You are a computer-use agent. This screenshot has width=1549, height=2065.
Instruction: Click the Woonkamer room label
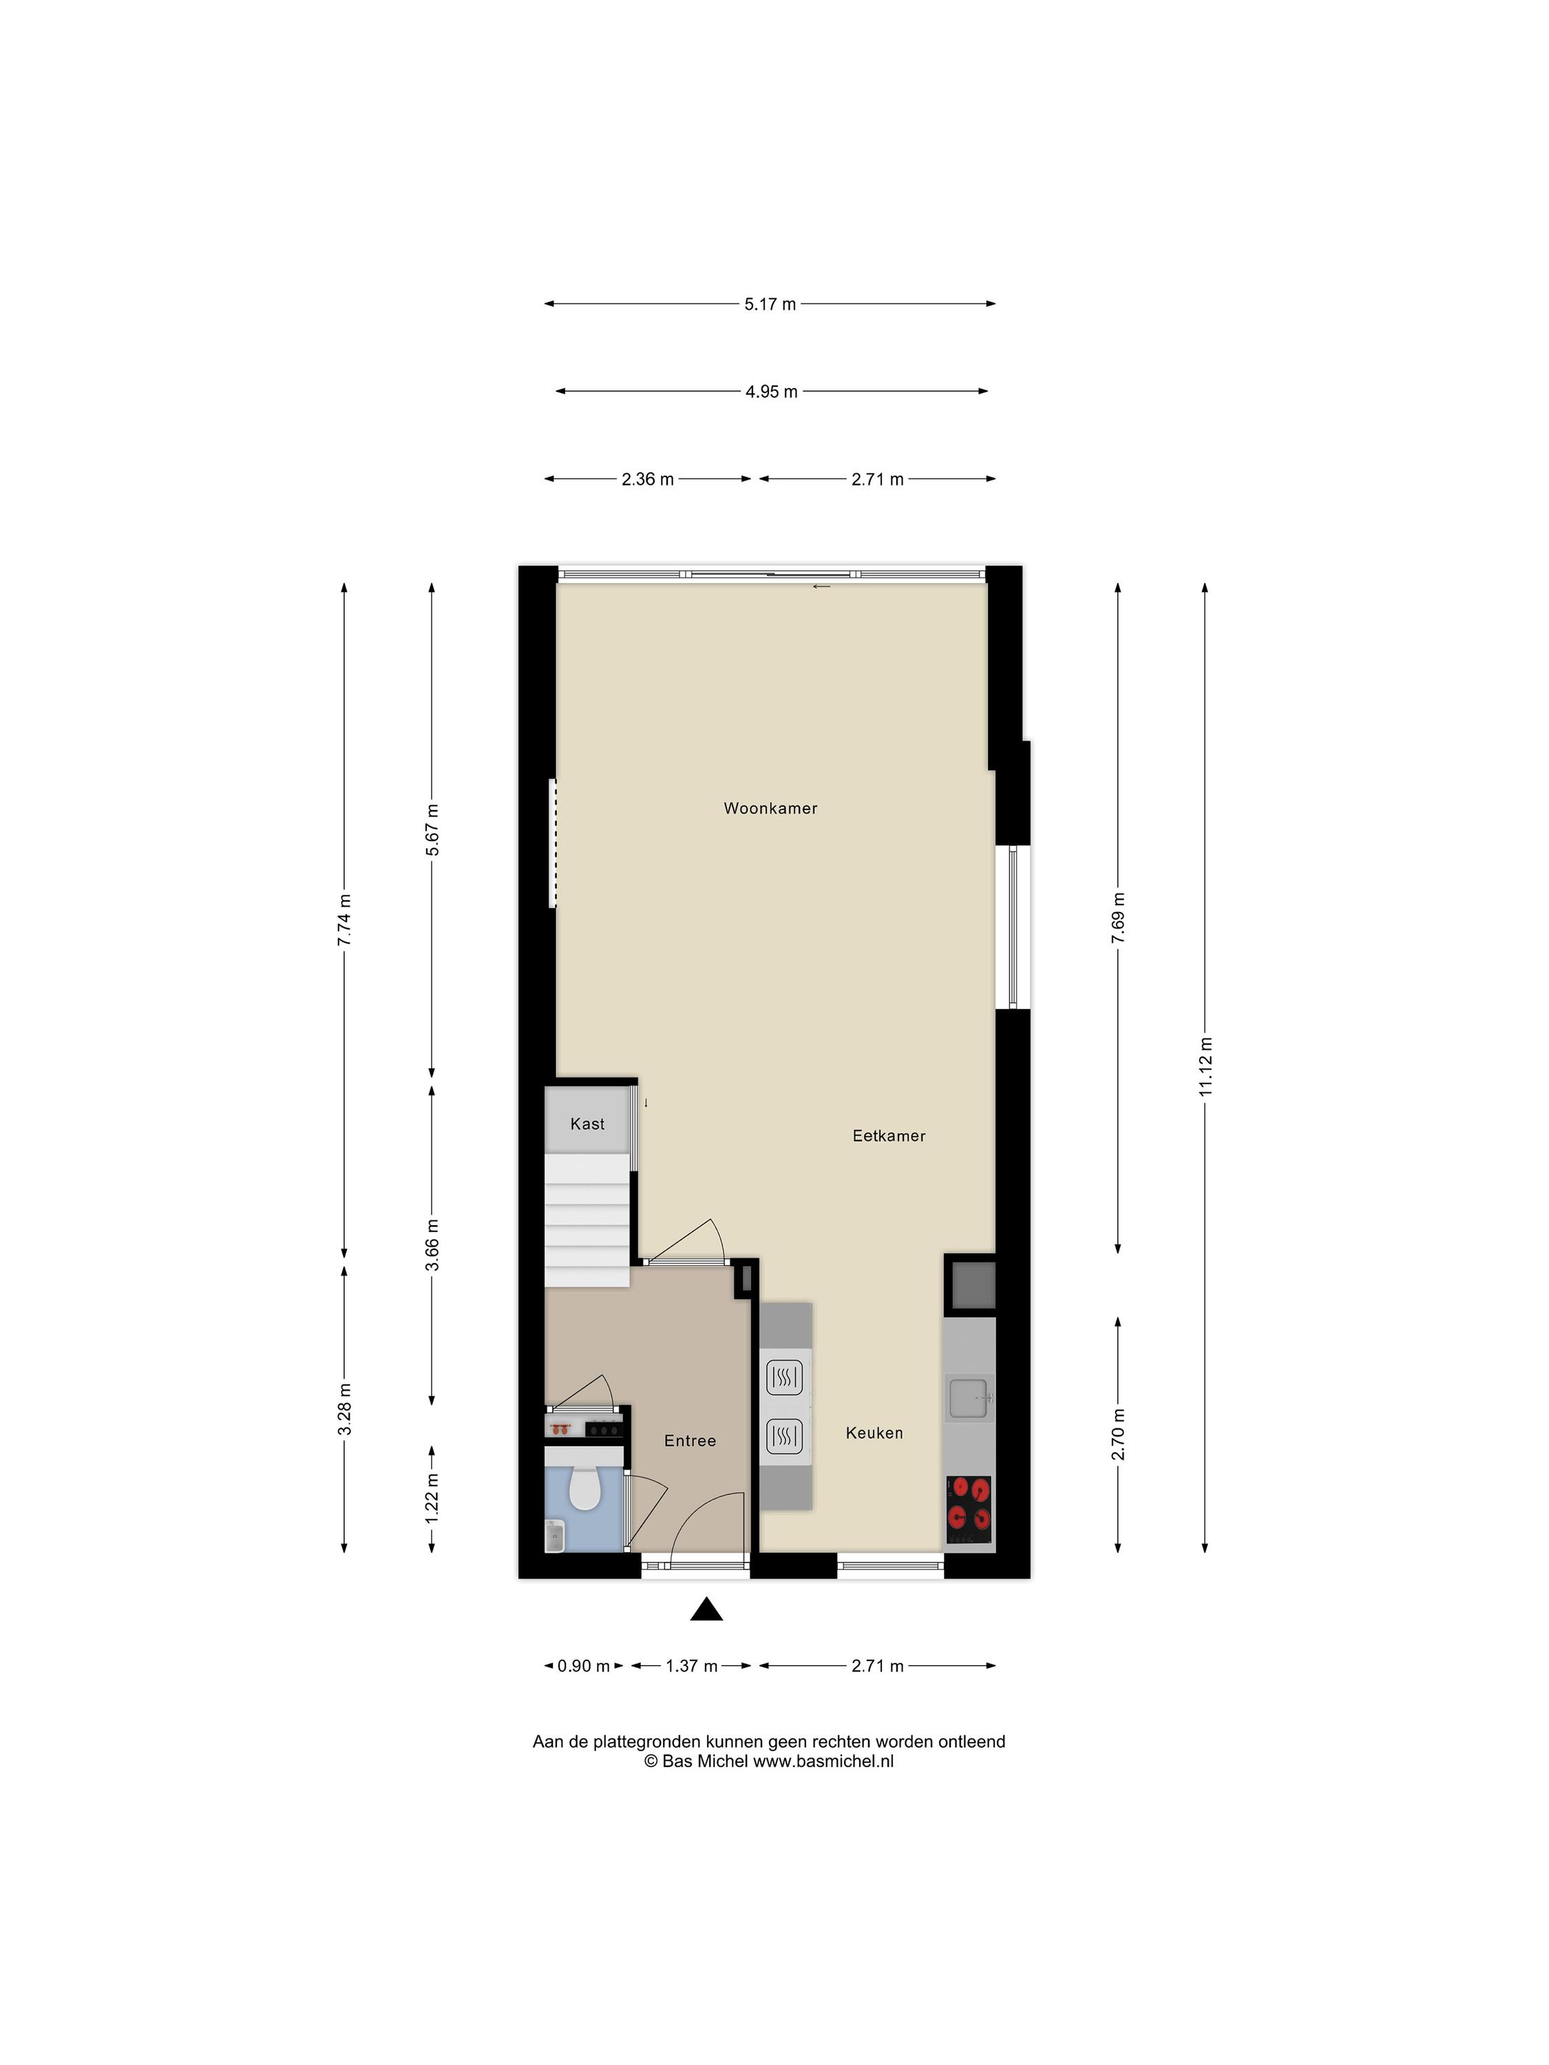coord(770,809)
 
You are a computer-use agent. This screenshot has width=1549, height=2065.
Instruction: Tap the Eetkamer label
coord(889,1136)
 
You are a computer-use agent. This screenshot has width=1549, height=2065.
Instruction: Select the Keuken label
coord(874,1433)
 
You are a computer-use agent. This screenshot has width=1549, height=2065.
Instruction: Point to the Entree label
coord(690,1441)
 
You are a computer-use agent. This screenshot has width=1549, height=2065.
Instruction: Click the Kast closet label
coord(587,1124)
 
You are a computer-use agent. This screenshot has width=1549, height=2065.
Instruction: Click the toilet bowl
coord(584,1486)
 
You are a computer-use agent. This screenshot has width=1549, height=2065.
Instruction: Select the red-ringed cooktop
coord(969,1510)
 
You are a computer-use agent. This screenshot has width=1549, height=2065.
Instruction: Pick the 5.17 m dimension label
coord(770,304)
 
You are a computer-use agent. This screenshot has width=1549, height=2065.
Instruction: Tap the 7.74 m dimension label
coord(344,920)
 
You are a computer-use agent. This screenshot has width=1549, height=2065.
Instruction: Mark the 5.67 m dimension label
coord(432,829)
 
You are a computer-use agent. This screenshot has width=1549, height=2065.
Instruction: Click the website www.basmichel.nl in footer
coord(823,1761)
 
